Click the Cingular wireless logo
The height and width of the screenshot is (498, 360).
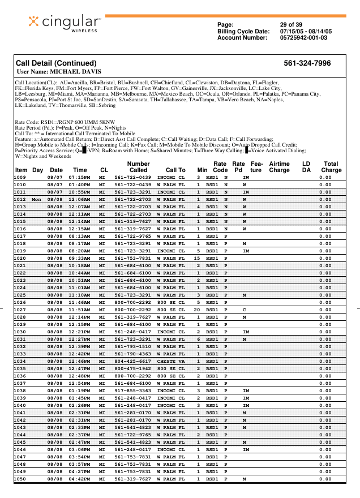[x=65, y=23]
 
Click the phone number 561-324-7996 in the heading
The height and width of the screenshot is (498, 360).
[x=307, y=63]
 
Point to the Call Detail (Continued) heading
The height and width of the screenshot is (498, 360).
[x=56, y=63]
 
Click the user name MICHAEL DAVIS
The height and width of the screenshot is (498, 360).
[x=59, y=72]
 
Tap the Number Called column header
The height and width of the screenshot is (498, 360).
[x=138, y=166]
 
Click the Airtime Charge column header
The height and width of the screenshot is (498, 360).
[x=279, y=166]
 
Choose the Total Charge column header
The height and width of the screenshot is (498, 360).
[x=331, y=166]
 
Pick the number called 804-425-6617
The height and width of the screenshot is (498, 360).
[x=132, y=361]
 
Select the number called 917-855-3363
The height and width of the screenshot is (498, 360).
[x=132, y=390]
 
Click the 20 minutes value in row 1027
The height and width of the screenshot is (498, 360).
[x=198, y=310]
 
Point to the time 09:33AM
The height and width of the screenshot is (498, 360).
[x=80, y=258]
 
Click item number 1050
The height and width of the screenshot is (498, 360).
[x=20, y=479]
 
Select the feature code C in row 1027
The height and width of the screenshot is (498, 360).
[x=244, y=310]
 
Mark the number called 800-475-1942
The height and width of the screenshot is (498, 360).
[x=132, y=368]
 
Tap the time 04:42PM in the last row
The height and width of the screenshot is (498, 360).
[x=80, y=479]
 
